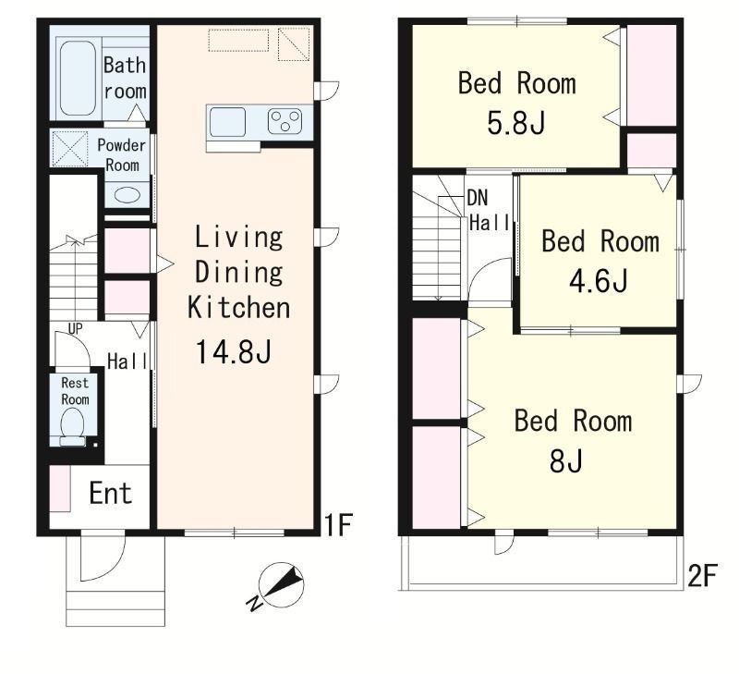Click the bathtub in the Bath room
point(78,79)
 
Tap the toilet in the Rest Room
point(73,426)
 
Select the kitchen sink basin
point(227,122)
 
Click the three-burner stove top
point(285,121)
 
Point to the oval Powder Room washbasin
point(127,195)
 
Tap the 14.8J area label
point(234,352)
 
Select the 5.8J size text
point(516,124)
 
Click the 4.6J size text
point(599,281)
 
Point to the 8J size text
point(566,460)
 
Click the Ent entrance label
point(110,494)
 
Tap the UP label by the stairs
point(76,329)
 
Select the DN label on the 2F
point(478,198)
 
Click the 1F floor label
point(338,525)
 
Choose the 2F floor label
point(702,575)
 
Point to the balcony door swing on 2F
point(504,543)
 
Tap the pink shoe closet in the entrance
point(60,488)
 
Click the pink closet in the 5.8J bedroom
point(651,76)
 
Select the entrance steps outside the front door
point(115,607)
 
